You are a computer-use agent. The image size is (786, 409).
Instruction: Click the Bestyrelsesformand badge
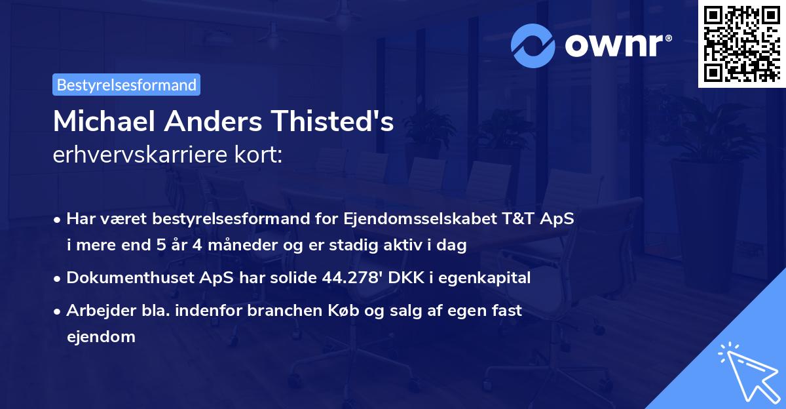(126, 85)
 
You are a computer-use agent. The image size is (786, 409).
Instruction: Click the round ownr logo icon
(533, 45)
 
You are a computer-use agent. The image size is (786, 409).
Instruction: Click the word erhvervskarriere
(139, 155)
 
